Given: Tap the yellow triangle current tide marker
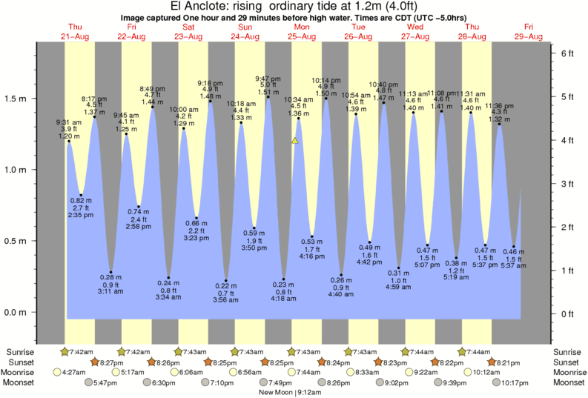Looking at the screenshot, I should [x=295, y=139].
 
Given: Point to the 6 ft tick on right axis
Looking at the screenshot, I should [x=567, y=53].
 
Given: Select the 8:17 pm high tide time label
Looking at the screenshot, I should [x=93, y=99].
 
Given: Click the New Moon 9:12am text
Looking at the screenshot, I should [x=294, y=391].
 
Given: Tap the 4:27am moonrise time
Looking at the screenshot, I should [x=77, y=372].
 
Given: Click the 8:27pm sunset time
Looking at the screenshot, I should [x=111, y=362].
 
